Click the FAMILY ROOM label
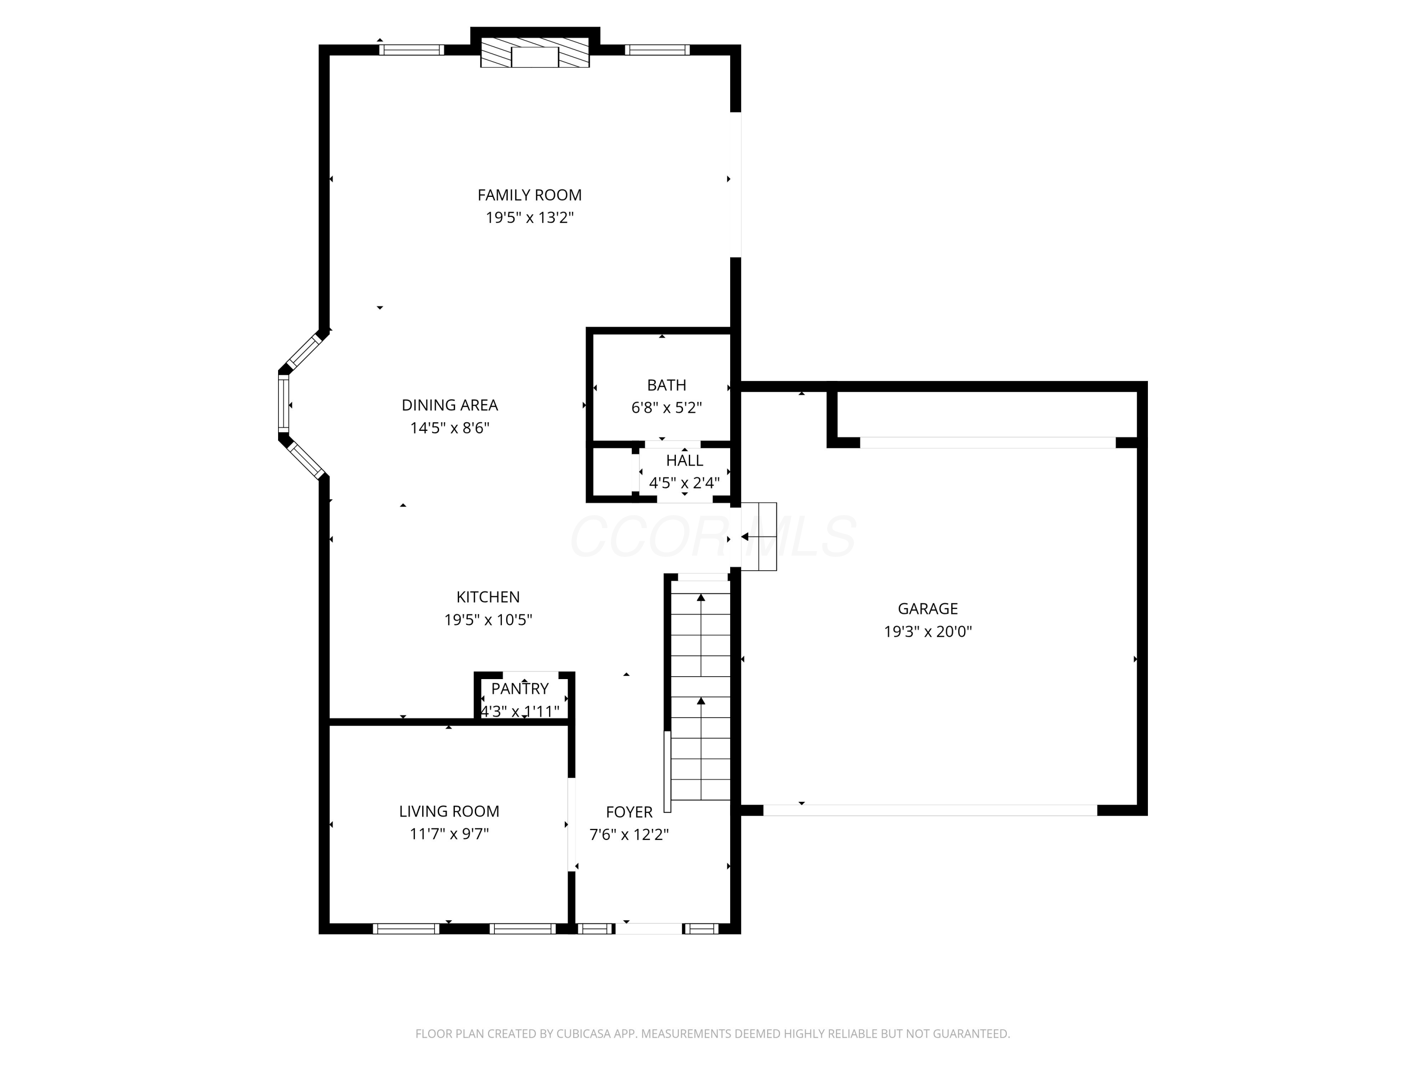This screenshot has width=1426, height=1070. point(529,195)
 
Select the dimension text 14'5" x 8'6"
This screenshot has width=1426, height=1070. point(450,428)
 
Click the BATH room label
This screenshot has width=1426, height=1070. point(666,385)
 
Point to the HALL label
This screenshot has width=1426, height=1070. point(684,460)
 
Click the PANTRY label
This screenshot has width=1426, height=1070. point(520,688)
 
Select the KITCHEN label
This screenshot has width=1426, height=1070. point(488,597)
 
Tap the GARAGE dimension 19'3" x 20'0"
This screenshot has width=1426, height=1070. point(927,632)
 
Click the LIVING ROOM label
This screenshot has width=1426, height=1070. point(449,811)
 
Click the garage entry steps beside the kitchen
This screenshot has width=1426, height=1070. point(759,536)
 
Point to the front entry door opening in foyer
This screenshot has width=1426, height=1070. point(648,929)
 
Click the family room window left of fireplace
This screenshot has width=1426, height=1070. point(411,49)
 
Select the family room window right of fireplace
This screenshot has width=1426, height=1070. point(657,49)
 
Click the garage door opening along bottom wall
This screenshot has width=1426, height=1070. point(930,810)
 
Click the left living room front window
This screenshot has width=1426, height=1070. point(406,929)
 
